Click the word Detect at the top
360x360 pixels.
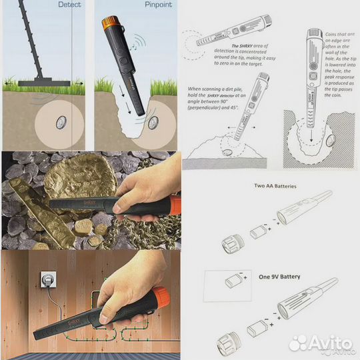coord(69,4)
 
